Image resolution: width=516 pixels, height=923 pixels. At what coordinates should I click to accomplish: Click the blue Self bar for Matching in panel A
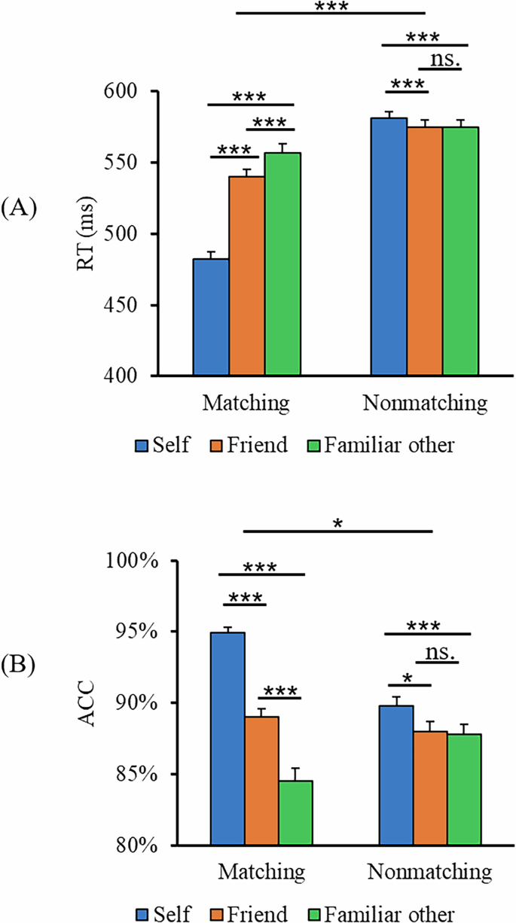click(x=211, y=317)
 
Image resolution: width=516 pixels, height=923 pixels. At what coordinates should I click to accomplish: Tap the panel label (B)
click(x=20, y=666)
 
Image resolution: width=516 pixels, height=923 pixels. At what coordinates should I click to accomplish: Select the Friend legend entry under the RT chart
click(x=249, y=445)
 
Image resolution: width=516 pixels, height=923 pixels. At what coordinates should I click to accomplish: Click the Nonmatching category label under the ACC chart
click(x=430, y=872)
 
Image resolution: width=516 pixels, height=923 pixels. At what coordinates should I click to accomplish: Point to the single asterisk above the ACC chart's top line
click(x=338, y=520)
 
